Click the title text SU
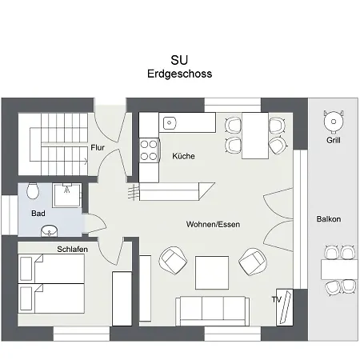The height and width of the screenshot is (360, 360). tap(180, 60)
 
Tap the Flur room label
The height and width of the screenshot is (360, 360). tap(98, 147)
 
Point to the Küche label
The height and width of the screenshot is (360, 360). tap(184, 156)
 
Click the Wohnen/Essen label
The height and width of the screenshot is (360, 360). tap(213, 224)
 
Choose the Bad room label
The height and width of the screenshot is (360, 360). tap(38, 214)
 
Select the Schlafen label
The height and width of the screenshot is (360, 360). tap(72, 250)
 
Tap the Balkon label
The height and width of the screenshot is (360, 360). tap(329, 218)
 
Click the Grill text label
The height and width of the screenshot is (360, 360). tap(333, 140)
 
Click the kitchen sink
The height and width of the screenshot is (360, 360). tap(170, 123)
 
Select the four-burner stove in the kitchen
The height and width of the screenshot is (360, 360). tap(150, 150)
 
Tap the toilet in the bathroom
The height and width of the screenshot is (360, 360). tap(32, 192)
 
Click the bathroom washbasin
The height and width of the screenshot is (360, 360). tap(50, 231)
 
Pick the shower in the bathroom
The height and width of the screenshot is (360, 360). tap(67, 195)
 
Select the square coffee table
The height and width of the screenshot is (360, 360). tap(214, 268)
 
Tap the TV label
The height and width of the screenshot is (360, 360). tap(277, 300)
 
